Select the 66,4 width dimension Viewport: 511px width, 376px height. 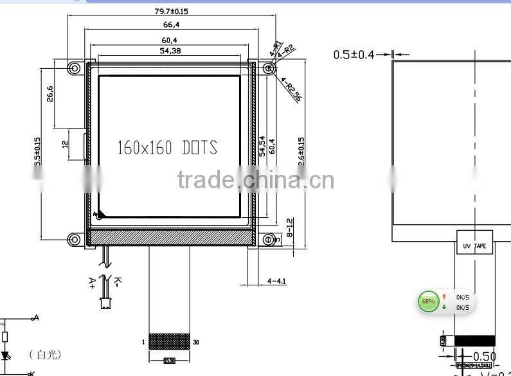(x=171, y=25)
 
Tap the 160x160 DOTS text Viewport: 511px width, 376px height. (x=167, y=148)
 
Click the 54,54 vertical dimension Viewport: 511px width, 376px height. (x=262, y=146)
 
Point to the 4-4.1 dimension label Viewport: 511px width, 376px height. (x=276, y=281)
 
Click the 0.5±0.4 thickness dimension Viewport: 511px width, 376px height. (x=353, y=55)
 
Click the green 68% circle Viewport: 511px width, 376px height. (x=427, y=301)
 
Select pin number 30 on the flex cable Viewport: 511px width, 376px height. (x=196, y=342)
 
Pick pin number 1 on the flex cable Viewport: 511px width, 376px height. (x=144, y=342)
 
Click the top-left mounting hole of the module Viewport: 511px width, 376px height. (x=75, y=67)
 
